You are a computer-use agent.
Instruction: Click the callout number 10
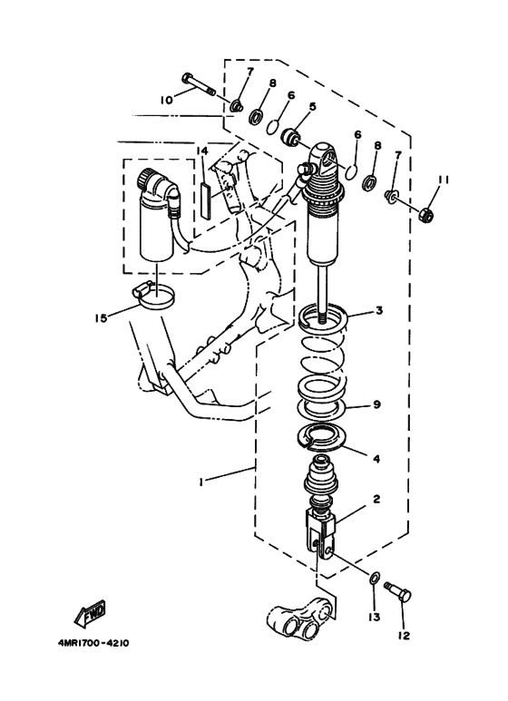(166, 101)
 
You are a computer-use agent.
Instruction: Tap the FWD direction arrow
(91, 617)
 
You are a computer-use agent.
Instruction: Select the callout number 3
(379, 311)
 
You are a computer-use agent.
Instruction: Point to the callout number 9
(378, 406)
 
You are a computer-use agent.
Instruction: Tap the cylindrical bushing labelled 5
(291, 137)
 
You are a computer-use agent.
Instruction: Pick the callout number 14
(201, 150)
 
